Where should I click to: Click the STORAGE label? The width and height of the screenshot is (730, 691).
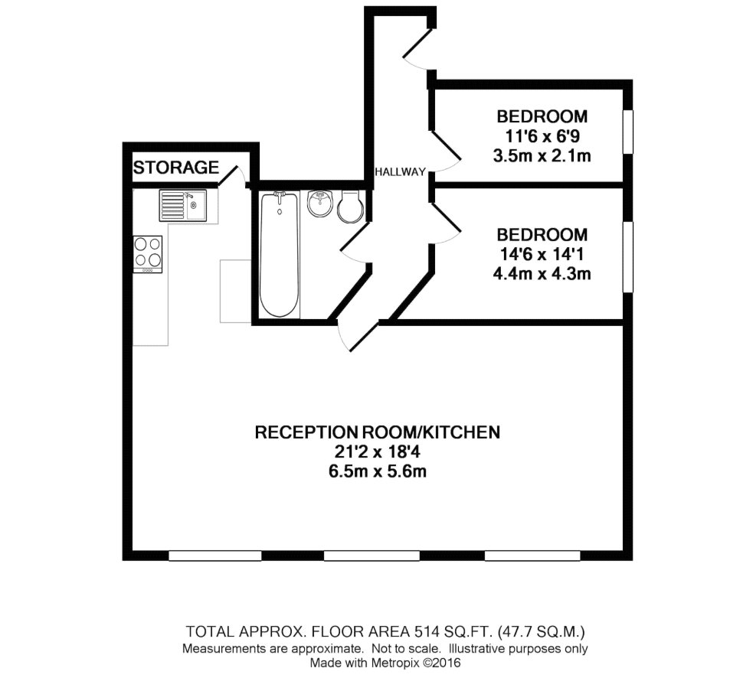pos(176,168)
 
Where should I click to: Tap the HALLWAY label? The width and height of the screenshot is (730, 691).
pos(401,172)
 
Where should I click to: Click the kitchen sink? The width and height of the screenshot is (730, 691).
pos(183,205)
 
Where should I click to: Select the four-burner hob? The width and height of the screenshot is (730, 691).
pos(148,254)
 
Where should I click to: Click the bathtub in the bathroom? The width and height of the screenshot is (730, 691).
pos(280,255)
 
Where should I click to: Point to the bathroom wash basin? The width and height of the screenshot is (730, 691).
pos(320,204)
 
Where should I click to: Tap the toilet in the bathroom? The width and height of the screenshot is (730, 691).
pos(350,206)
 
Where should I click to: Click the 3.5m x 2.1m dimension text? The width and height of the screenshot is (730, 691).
pos(542,156)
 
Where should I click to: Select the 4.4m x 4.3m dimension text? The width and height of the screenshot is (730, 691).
pos(542,273)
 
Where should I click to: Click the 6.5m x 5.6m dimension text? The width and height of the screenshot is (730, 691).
pos(378,471)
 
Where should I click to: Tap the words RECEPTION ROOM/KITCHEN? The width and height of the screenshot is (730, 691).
pos(378,432)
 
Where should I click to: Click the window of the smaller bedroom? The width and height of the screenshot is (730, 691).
pos(628,132)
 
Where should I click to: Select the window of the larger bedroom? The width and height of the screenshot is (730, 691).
pos(628,257)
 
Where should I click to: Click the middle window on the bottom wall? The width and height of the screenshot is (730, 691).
pos(372,556)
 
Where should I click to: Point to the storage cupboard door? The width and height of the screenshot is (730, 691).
pos(231,176)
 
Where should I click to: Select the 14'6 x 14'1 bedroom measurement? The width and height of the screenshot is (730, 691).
pos(542,254)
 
